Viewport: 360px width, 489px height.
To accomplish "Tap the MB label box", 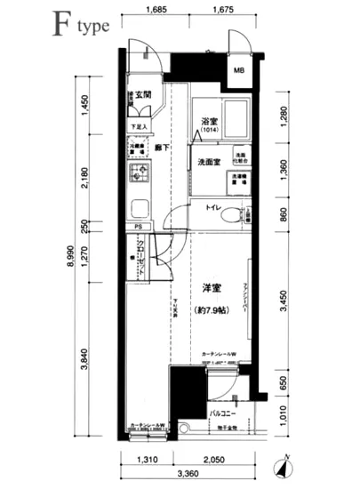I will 240,71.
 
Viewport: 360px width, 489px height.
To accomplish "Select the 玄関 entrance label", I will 143,94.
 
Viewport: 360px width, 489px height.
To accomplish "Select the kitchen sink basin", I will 140,210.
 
